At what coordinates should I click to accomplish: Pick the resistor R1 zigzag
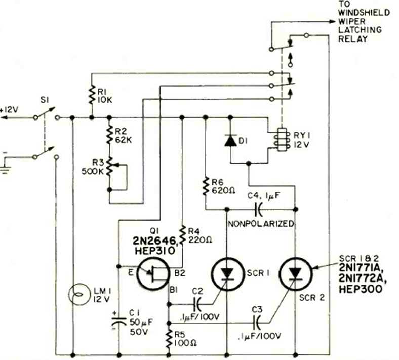(91, 95)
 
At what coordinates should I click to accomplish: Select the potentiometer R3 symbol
(110, 165)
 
